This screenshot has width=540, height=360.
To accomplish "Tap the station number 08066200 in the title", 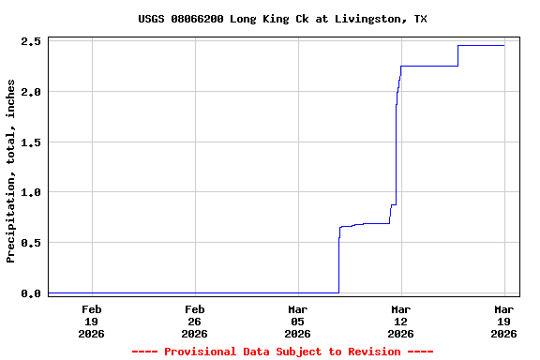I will (205, 19).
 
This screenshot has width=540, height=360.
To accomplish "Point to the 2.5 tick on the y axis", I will (30, 41).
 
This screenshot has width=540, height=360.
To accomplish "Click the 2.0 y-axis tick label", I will (30, 92).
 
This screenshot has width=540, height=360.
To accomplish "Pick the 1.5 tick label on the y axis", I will (30, 142).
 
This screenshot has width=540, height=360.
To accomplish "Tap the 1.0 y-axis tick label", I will (30, 192).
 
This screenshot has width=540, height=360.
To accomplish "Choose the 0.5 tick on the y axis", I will (30, 243).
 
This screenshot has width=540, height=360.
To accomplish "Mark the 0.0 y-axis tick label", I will (30, 293).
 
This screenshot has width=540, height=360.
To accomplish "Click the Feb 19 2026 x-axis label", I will (92, 321).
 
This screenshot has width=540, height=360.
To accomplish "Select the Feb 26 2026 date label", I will (195, 321).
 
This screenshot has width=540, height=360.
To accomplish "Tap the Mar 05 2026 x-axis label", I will (298, 321).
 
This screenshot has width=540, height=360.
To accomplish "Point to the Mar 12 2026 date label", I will (401, 321).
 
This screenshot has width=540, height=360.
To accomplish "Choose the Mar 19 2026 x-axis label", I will (504, 321).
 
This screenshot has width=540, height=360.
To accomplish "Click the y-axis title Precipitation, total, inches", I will (11, 171).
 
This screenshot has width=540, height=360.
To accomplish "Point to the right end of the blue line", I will (503, 45).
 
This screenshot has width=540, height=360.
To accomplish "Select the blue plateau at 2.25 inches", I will (429, 66).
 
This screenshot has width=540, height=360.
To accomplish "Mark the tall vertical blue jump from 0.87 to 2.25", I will (397, 141).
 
